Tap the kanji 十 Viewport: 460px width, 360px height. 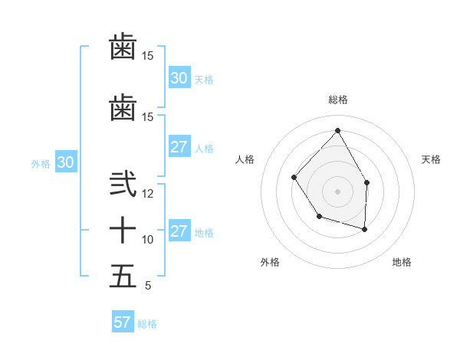pyautogui.click(x=123, y=231)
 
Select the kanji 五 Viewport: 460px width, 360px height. pyautogui.click(x=123, y=276)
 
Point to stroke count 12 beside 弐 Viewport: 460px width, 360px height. pyautogui.click(x=148, y=194)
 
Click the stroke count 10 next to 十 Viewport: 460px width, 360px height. pyautogui.click(x=148, y=240)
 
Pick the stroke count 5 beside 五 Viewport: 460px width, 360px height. pyautogui.click(x=148, y=286)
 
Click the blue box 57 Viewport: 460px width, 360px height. pyautogui.click(x=122, y=322)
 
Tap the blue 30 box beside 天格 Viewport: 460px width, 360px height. pyautogui.click(x=179, y=78)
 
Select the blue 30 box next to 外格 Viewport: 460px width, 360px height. pyautogui.click(x=65, y=162)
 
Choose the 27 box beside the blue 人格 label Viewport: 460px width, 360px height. pyautogui.click(x=179, y=147)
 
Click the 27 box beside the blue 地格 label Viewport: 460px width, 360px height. pyautogui.click(x=179, y=231)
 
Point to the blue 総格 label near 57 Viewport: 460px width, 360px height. pyautogui.click(x=147, y=324)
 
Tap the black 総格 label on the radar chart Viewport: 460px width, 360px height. pyautogui.click(x=338, y=100)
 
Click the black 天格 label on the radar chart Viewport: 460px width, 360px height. pyautogui.click(x=432, y=159)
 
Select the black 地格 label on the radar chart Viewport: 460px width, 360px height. pyautogui.click(x=402, y=262)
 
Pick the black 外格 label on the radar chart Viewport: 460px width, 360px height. pyautogui.click(x=270, y=262)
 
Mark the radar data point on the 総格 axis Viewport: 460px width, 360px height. pyautogui.click(x=337, y=130)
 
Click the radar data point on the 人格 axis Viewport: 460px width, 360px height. pyautogui.click(x=294, y=178)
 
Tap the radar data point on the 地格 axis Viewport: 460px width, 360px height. pyautogui.click(x=365, y=229)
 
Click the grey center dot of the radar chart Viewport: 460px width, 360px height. pyautogui.click(x=337, y=191)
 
